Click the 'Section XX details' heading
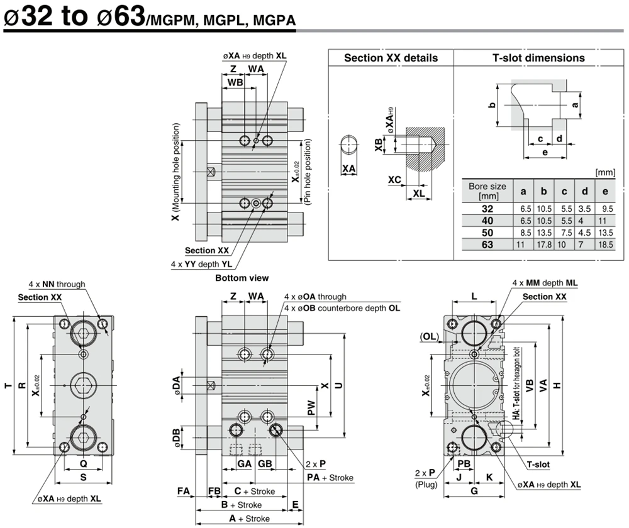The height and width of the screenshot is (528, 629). (391, 58)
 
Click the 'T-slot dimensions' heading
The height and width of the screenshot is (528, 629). (538, 58)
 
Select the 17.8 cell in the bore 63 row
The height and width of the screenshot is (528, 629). (543, 245)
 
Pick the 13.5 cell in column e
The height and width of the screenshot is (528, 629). (605, 233)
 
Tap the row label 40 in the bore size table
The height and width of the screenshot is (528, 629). (487, 221)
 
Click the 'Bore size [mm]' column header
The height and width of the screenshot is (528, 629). (487, 191)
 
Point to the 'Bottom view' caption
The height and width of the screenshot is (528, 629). (242, 278)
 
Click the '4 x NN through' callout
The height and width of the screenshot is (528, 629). (57, 284)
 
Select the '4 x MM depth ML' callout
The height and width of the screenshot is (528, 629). (545, 283)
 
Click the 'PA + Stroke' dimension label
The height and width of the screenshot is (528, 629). (330, 478)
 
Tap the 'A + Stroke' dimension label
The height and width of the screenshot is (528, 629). (249, 519)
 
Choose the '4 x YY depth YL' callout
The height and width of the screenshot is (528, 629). (201, 264)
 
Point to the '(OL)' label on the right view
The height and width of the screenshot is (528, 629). (429, 336)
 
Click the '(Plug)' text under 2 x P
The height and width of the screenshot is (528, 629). (426, 484)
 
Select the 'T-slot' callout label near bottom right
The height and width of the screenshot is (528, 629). (538, 465)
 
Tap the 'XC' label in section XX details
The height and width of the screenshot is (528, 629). (394, 180)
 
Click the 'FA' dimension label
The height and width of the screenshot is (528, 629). (183, 491)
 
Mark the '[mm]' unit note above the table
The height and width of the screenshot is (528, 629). (605, 172)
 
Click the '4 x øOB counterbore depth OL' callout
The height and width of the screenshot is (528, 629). (342, 308)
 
